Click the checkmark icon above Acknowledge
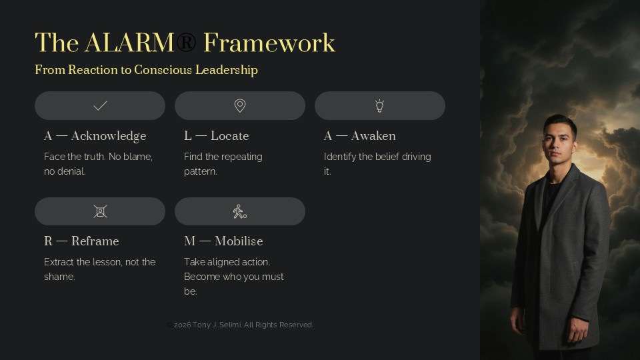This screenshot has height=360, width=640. (x=100, y=106)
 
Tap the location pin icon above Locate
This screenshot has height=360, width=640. (x=240, y=106)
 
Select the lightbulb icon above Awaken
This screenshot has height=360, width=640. (x=379, y=106)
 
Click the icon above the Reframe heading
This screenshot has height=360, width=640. (x=100, y=211)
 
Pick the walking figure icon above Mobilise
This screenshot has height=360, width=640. (x=239, y=211)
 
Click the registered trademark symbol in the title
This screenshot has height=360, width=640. (x=186, y=43)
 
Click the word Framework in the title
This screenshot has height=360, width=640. (x=269, y=43)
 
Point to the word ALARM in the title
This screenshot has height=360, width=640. (x=130, y=43)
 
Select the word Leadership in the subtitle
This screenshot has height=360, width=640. (x=227, y=70)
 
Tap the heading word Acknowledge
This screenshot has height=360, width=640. (x=109, y=136)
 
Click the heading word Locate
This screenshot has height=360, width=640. (x=230, y=136)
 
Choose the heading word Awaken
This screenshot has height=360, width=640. (x=373, y=136)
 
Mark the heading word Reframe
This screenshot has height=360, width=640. (x=95, y=241)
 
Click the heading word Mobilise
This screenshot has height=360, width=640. (x=239, y=241)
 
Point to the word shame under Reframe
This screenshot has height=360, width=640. (x=59, y=277)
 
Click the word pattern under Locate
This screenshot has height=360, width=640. (x=201, y=171)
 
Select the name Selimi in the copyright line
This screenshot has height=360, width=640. (x=231, y=325)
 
